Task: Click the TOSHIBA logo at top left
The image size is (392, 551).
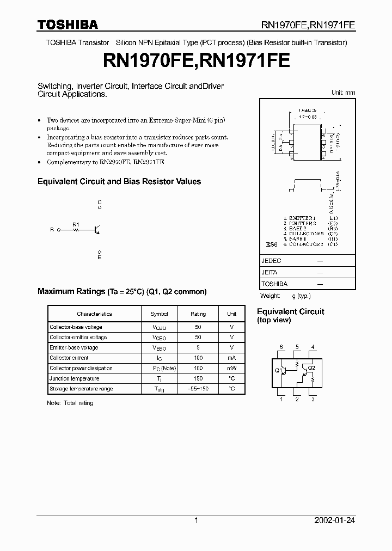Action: coord(68,25)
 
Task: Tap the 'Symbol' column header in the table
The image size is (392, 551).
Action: coord(159,314)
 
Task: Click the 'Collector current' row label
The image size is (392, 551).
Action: coord(70,358)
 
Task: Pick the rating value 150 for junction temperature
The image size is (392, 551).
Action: coord(198,378)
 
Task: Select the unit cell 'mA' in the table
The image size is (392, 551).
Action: coord(231,358)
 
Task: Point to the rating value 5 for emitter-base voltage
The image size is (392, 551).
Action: coord(198,347)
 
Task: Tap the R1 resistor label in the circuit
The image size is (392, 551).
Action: coord(76,224)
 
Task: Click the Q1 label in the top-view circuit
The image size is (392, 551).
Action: coord(278,370)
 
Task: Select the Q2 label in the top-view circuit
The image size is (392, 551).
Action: coord(311,368)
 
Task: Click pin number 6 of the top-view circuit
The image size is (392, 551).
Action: coord(281,347)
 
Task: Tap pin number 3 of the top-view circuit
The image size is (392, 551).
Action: coord(313,400)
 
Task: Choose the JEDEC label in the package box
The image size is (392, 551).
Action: coord(271,261)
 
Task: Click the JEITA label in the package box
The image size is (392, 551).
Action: coord(269,272)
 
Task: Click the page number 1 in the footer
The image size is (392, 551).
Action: coord(196,521)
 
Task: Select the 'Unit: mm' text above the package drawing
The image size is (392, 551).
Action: coord(343,93)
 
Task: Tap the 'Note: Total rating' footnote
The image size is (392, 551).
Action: coord(70,403)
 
